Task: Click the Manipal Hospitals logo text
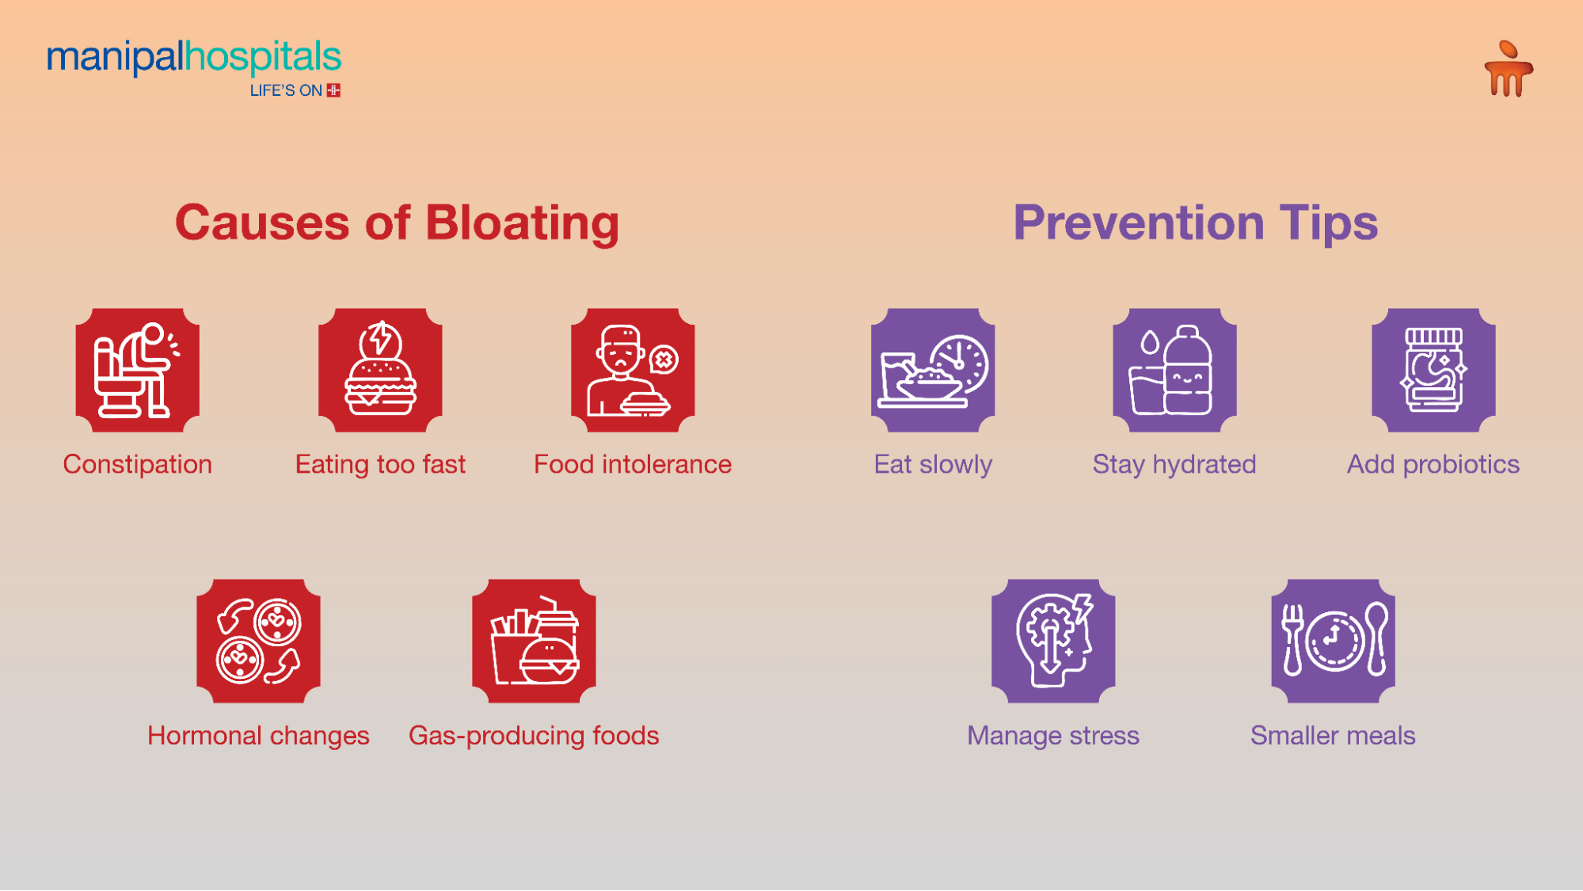(194, 57)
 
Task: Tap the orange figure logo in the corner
(1508, 69)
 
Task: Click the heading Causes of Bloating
(397, 223)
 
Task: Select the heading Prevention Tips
(1195, 223)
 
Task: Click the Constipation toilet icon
(138, 370)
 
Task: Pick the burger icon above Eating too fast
(380, 370)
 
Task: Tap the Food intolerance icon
(633, 370)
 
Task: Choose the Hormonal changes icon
(258, 641)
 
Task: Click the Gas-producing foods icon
(534, 641)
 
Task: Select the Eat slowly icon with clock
(933, 370)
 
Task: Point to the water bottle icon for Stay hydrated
(1174, 370)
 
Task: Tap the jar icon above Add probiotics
(1433, 370)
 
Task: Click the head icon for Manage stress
(1053, 641)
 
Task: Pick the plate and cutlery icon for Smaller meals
(1333, 641)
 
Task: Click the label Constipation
(138, 464)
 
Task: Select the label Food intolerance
(633, 464)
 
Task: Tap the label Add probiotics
(1433, 464)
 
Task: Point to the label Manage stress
(1053, 736)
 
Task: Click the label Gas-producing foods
(534, 736)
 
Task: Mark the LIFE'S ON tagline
(286, 91)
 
